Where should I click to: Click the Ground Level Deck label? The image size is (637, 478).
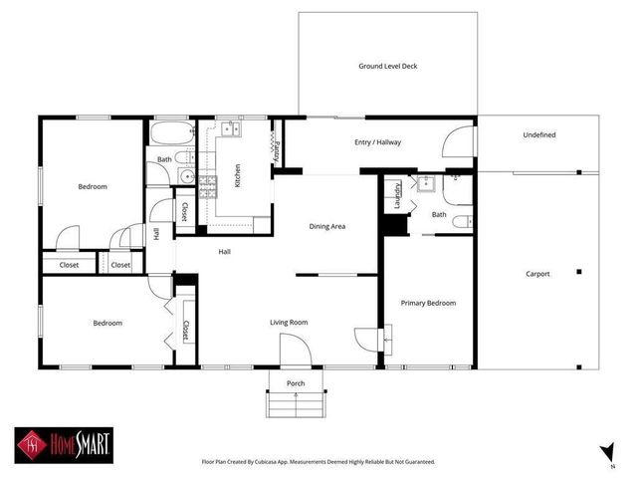coord(388,67)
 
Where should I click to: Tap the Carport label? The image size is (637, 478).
coord(536,274)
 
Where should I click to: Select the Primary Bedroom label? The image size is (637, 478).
coord(428,303)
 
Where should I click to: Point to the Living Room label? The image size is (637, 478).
coord(289,323)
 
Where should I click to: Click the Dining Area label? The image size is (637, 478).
coord(327,227)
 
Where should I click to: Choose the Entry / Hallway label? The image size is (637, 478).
coord(377,142)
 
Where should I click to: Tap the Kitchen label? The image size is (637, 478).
coord(237,176)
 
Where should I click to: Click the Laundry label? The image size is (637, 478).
coord(398,193)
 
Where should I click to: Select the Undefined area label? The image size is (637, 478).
coord(538,135)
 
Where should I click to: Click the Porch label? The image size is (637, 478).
coord(296,383)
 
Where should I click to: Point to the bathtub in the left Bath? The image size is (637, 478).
coord(171,133)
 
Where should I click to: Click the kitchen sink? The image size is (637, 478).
coord(232,129)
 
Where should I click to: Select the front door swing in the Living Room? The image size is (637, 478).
coord(296,351)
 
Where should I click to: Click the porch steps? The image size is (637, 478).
coord(296,403)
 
